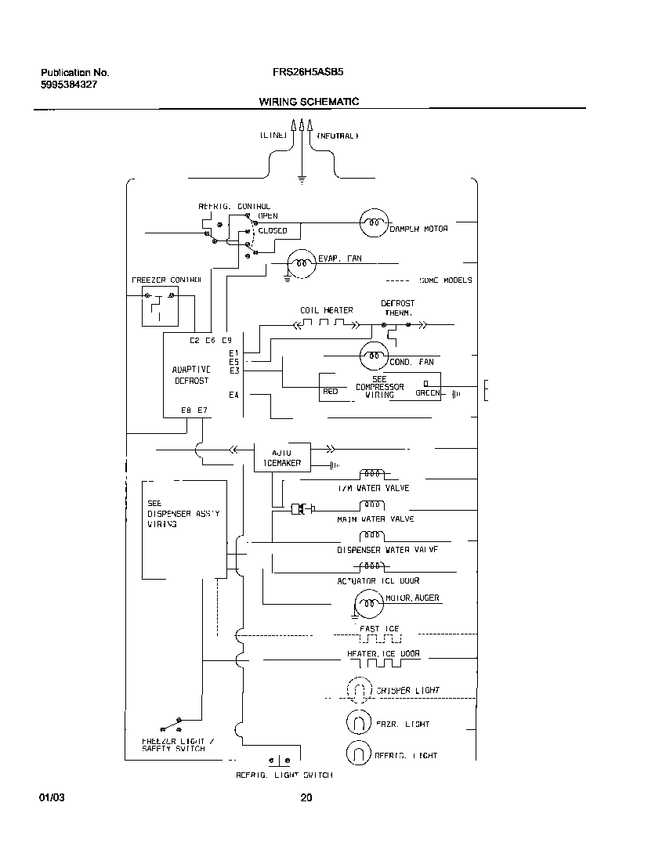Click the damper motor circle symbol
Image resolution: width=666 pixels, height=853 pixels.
[373, 224]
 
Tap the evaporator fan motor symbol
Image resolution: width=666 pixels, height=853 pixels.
[300, 263]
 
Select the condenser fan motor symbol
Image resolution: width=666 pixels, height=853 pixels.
[373, 357]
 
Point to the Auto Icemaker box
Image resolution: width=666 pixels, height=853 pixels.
[282, 457]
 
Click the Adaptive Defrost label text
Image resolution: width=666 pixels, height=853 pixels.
[191, 374]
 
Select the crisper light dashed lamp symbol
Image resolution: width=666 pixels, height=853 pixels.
[358, 690]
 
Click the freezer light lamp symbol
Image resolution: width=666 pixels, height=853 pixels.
[358, 722]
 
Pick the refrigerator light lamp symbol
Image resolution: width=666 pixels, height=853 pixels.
[358, 754]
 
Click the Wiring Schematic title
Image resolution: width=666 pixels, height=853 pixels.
[309, 102]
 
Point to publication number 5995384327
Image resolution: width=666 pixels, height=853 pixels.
[69, 84]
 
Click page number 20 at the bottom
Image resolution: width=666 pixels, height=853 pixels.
[306, 798]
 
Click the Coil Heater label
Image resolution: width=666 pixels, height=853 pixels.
[326, 310]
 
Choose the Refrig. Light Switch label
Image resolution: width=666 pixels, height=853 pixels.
[284, 775]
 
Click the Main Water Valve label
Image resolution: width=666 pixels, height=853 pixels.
[375, 519]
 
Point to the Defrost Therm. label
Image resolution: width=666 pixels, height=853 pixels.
[398, 308]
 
